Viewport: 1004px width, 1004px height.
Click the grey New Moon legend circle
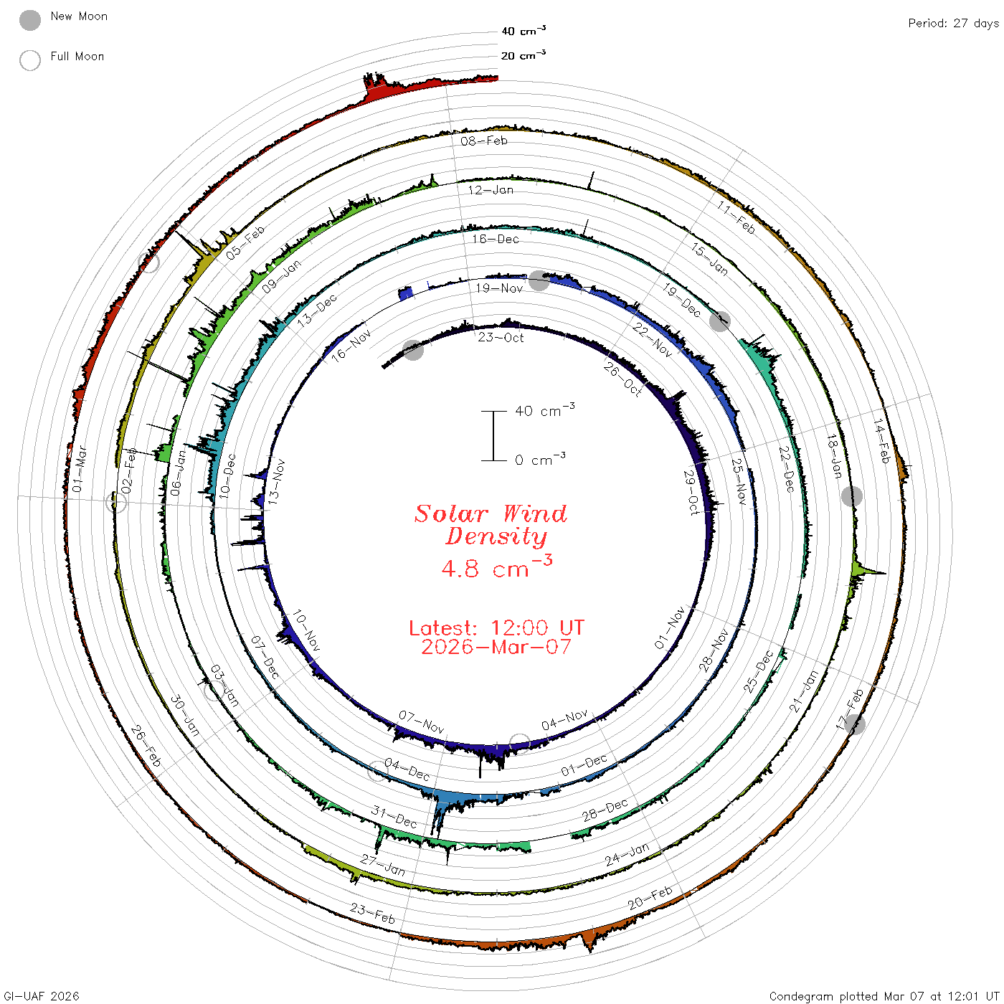tap(30, 20)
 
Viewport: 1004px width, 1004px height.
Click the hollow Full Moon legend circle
tap(30, 60)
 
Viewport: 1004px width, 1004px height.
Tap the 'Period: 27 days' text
tap(953, 24)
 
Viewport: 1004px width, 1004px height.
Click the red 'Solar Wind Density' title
tap(491, 525)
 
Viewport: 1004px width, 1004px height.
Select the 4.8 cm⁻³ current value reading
tap(496, 567)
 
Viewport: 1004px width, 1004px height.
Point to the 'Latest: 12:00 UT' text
tap(496, 627)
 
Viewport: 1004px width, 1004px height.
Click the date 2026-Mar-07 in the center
tap(496, 647)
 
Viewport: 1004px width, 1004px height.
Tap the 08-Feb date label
tap(483, 141)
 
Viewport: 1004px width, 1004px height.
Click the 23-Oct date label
tap(501, 338)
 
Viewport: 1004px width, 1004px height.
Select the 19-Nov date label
tap(499, 288)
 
